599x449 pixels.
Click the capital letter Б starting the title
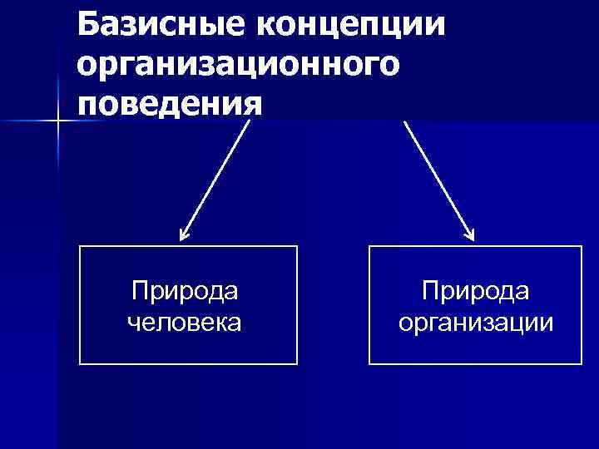pos(89,24)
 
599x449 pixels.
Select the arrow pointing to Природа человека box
pos(215,180)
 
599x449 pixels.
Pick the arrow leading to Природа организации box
pos(438,180)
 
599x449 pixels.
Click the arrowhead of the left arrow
pos(184,237)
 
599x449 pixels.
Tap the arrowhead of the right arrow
pos(470,237)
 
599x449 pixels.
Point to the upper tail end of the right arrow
pos(405,122)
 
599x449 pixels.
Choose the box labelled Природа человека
pos(188,305)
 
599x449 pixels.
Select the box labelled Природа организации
pos(476,305)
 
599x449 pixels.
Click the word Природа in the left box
pos(185,292)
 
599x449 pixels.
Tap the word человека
pos(185,321)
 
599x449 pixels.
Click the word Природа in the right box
pos(476,292)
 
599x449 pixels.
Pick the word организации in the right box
pos(476,321)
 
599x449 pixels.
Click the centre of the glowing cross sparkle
pos(57,122)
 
